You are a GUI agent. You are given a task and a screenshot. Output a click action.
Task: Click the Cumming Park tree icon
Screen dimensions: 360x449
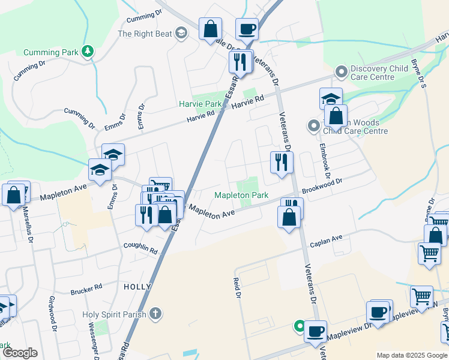(88, 52)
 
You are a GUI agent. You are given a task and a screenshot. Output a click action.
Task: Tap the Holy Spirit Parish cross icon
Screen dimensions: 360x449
(155, 313)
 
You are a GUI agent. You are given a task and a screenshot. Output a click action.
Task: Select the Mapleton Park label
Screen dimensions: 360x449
(241, 196)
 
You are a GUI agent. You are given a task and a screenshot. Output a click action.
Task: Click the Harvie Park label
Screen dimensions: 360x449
(200, 103)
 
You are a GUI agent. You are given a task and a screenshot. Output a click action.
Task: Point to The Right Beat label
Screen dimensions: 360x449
(145, 34)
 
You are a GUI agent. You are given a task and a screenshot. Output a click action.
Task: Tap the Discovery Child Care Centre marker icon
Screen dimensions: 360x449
(342, 73)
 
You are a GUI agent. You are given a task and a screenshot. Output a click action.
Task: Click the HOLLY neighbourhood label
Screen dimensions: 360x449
(137, 287)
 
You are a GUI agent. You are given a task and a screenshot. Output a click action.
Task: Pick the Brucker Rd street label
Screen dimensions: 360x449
(86, 291)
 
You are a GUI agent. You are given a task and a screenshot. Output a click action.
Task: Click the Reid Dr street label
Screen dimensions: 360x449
(237, 289)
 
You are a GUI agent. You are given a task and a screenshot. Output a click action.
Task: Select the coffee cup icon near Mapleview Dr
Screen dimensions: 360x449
(315, 331)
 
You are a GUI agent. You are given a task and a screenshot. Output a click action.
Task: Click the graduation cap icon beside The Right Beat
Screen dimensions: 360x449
(181, 34)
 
